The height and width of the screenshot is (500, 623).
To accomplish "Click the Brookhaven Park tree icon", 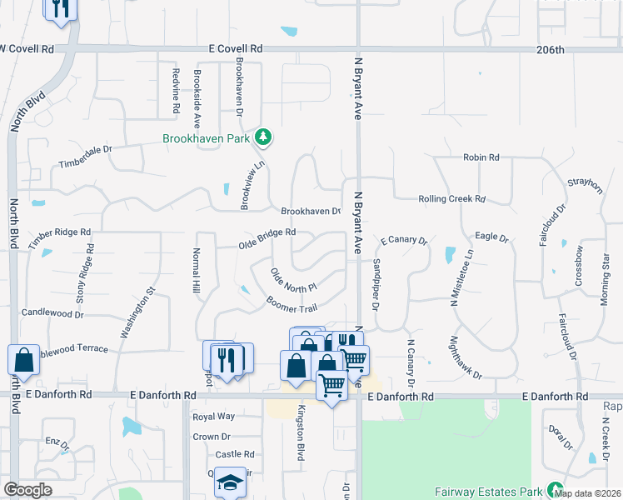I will pos(265,136).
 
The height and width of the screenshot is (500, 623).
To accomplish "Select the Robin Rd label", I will pos(481,157).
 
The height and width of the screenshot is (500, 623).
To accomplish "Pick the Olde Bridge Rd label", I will pos(267,237).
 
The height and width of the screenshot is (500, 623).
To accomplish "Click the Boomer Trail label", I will pos(292,305).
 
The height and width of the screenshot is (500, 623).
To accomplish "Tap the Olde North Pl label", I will pos(294,279).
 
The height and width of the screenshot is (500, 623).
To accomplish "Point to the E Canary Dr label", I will pos(403,241).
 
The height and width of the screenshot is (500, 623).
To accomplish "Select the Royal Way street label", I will pos(213,416).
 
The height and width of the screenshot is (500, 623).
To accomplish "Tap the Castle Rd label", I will pos(234,454).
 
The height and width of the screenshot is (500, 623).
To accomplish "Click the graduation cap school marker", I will pos(228,482).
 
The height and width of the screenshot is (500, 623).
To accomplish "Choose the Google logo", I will pos(27,490).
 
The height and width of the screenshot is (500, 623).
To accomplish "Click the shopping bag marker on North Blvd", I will pos(24,359).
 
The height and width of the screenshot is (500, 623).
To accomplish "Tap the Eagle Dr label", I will pos(491,237).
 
